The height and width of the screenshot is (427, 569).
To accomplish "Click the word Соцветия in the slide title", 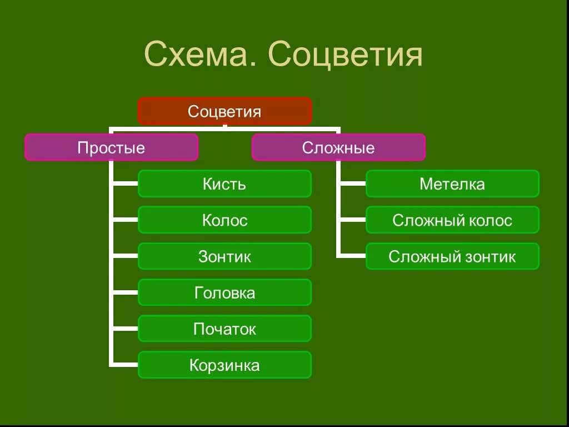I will click(x=345, y=54).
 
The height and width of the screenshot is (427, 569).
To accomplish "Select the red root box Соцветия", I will click(x=224, y=111).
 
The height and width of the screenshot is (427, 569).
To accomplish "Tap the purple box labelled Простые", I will click(x=111, y=147).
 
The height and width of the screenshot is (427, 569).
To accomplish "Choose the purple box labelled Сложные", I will click(x=338, y=147).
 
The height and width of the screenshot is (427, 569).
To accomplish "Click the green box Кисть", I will click(x=224, y=183).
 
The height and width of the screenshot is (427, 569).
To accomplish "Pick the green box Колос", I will click(x=224, y=220).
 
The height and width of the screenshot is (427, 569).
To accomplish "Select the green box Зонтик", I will click(x=224, y=256).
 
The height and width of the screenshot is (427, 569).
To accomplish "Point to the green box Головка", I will click(x=224, y=292).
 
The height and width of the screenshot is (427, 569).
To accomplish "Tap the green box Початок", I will click(x=224, y=329).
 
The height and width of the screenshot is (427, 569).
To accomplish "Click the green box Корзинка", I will click(x=224, y=365).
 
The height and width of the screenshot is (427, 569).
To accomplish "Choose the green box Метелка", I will click(x=452, y=183).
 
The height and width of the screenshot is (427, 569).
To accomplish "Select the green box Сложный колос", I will click(x=452, y=220).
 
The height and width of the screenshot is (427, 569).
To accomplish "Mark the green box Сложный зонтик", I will click(x=452, y=256).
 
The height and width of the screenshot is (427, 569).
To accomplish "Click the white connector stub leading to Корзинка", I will click(x=124, y=365).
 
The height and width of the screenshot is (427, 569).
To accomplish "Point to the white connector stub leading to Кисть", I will click(x=124, y=183).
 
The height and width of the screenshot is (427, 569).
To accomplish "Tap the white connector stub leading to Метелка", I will click(x=352, y=183).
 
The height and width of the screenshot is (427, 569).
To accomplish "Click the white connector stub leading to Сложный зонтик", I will click(x=352, y=256).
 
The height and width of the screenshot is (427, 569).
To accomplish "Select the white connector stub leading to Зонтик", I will click(x=124, y=256).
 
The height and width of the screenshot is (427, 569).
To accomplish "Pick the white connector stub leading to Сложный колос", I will click(x=352, y=220).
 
